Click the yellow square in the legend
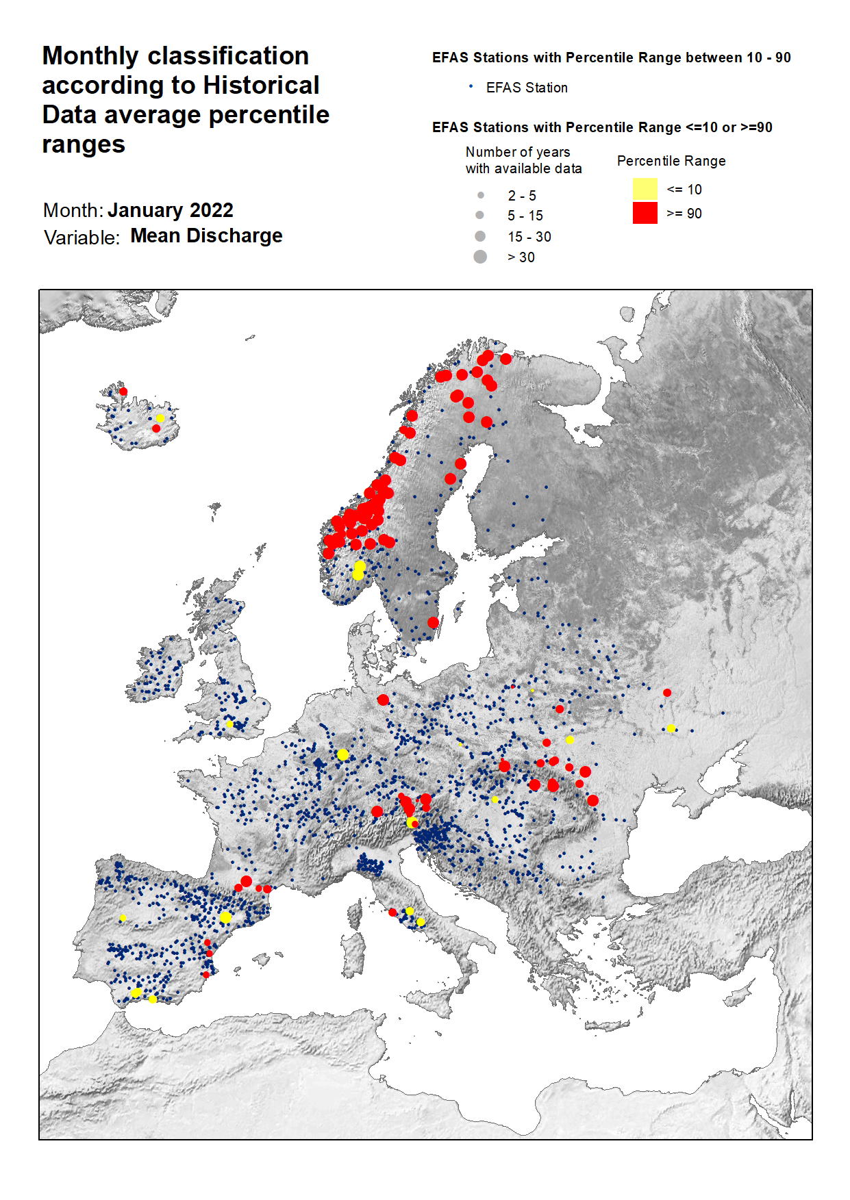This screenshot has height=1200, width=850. (x=645, y=189)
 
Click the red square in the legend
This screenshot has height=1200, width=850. (x=645, y=213)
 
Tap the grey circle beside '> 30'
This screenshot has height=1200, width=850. (x=480, y=257)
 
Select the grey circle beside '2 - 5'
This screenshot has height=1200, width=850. (x=480, y=195)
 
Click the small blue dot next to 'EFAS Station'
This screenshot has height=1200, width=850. (x=471, y=86)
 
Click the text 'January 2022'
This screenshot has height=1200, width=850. (x=170, y=210)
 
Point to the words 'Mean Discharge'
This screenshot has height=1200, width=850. (x=206, y=235)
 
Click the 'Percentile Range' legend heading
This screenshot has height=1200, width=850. (x=671, y=161)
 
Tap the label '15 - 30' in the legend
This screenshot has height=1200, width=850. (x=529, y=237)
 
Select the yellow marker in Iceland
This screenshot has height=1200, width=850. (x=160, y=418)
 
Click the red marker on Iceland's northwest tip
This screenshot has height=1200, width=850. (x=123, y=392)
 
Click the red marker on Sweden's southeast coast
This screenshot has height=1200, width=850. (x=433, y=622)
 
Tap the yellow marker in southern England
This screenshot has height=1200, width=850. (x=230, y=724)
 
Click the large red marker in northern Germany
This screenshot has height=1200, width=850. (x=383, y=700)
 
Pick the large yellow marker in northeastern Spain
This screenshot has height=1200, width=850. (x=225, y=917)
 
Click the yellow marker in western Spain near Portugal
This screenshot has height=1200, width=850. (x=123, y=918)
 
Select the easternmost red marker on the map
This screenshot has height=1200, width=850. (x=667, y=693)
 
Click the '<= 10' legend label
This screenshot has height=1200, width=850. (x=684, y=190)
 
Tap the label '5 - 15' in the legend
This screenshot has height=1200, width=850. (x=525, y=216)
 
